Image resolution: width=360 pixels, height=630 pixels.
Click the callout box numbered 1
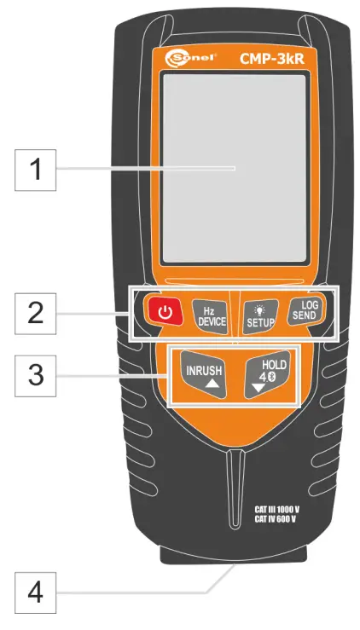tap(36, 169)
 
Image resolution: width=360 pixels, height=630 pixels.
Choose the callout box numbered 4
tap(36, 591)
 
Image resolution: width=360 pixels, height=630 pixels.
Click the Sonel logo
tap(186, 59)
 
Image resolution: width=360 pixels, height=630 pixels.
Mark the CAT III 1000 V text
tap(276, 508)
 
